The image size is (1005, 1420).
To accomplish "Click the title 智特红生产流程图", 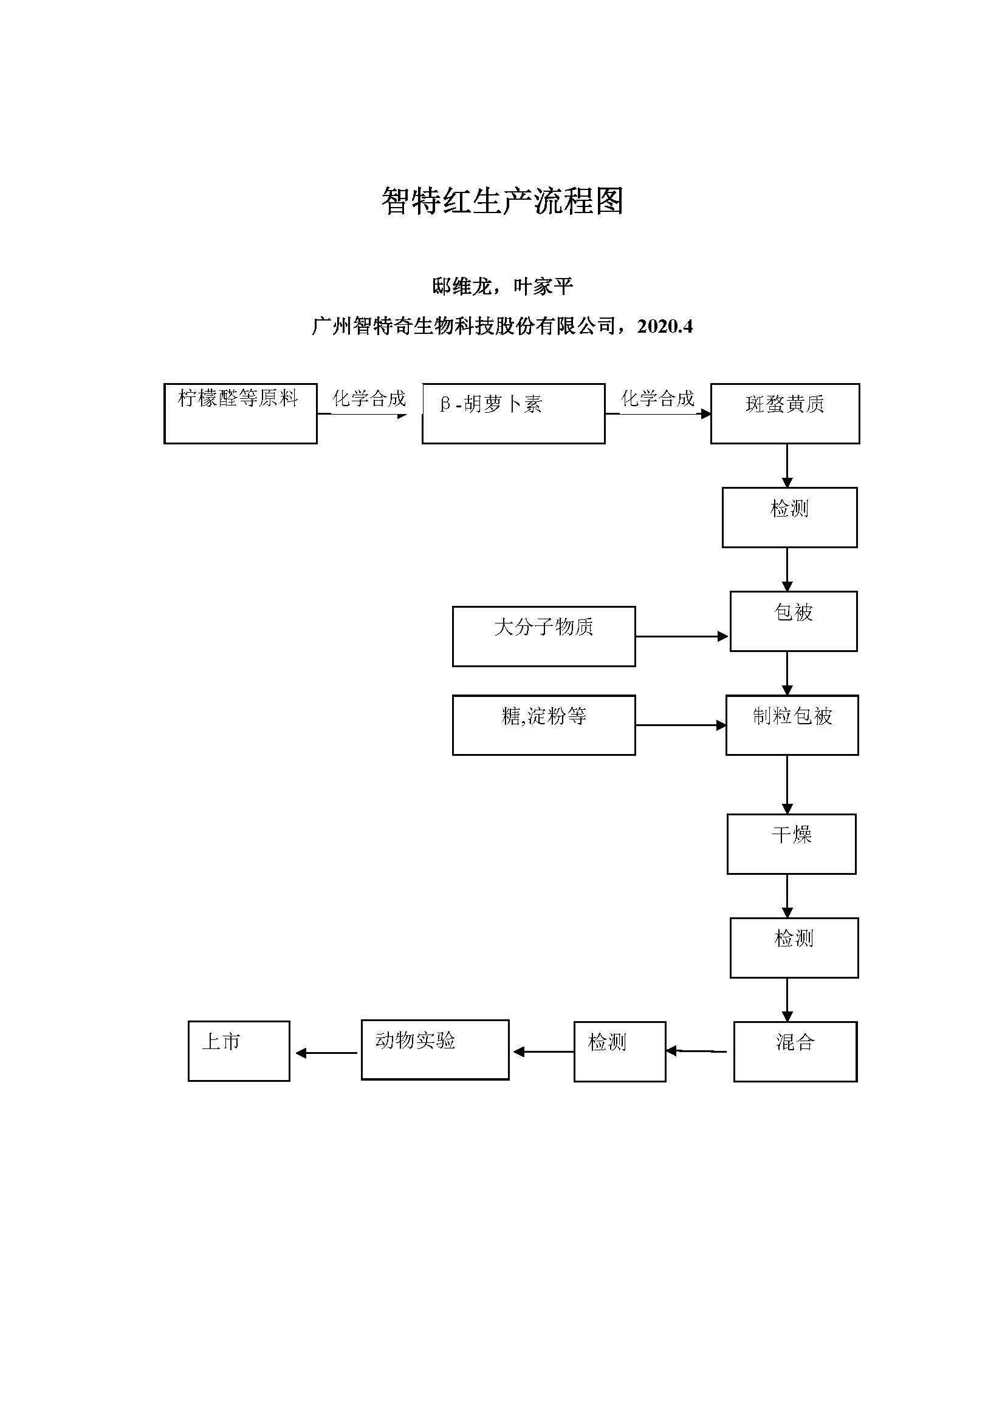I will coord(502,201).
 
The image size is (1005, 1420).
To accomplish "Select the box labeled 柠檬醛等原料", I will coord(240,413).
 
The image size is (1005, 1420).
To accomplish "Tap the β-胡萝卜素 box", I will coord(513,413).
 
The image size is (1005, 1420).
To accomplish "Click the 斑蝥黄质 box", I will coord(784,413).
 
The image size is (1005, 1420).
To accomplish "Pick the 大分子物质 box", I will coord(543,636).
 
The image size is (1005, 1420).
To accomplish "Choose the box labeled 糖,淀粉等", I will coord(543,725).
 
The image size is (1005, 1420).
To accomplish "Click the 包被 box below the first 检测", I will coord(794,621).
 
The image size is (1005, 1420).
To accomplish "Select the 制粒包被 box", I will coord(792,725).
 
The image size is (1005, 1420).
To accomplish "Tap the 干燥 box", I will coord(791,844).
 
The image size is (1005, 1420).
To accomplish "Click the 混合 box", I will coord(795,1051).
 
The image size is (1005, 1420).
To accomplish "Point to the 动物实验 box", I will coord(434,1050).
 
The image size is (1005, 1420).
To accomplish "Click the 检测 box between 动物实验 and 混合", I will coord(619,1051).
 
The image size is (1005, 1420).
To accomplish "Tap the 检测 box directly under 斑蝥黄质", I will coord(789,517).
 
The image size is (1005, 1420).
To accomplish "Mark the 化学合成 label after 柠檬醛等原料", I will coord(369,398).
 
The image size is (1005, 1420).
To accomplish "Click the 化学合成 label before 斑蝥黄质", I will coord(657,398).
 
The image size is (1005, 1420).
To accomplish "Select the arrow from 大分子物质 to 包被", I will coord(681,636).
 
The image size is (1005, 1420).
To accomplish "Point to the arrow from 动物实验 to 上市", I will coord(326,1053).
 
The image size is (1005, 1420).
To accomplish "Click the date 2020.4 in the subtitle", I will coord(665,326).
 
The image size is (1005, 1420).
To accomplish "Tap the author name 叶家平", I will coord(543,287).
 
